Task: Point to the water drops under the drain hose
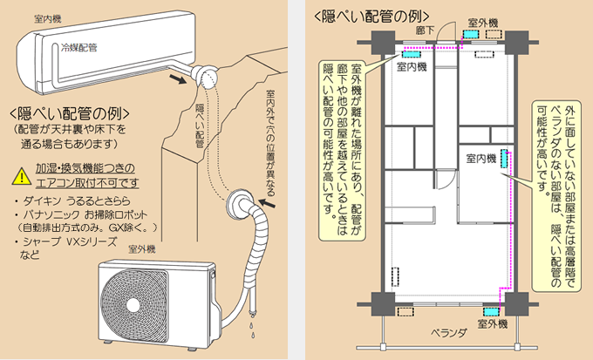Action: coord(251,324)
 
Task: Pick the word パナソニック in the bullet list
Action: coord(54,214)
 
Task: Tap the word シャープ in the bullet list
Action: coord(45,243)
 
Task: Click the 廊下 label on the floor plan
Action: coord(425,29)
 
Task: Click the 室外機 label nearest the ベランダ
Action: coord(493,324)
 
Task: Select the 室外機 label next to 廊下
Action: coord(481,19)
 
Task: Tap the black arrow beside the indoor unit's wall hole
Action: coord(178,78)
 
